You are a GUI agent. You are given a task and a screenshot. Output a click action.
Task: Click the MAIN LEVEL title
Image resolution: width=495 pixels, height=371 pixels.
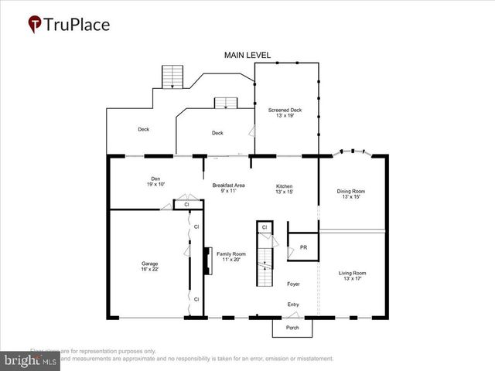pyautogui.click(x=247, y=56)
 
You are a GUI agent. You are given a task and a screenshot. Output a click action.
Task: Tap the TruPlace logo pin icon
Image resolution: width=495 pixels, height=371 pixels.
pyautogui.click(x=36, y=25)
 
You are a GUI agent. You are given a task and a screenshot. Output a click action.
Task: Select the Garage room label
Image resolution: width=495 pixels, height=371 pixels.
pyautogui.click(x=149, y=263)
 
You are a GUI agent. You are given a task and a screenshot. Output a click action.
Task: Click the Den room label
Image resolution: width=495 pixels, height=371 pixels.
pyautogui.click(x=156, y=179)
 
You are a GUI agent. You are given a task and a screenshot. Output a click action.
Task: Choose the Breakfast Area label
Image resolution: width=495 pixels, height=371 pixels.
pyautogui.click(x=229, y=185)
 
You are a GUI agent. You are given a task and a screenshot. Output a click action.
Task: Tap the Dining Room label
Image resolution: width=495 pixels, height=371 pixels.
pyautogui.click(x=351, y=191)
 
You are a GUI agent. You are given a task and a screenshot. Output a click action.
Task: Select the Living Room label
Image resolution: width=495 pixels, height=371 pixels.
pyautogui.click(x=353, y=272)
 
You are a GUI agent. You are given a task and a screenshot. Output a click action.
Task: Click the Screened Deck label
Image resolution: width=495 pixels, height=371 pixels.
pyautogui.click(x=285, y=111)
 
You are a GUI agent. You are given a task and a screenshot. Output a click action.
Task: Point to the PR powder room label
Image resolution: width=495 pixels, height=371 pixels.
pyautogui.click(x=292, y=247)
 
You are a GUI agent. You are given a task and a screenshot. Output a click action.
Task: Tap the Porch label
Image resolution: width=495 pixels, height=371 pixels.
pyautogui.click(x=293, y=328)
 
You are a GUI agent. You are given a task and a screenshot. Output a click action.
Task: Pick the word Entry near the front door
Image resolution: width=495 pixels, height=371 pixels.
pyautogui.click(x=293, y=305)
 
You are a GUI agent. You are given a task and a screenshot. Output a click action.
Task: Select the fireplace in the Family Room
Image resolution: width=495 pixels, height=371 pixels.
pyautogui.click(x=207, y=261)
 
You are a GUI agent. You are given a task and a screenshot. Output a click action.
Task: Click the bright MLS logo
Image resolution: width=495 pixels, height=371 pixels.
pyautogui.click(x=30, y=361)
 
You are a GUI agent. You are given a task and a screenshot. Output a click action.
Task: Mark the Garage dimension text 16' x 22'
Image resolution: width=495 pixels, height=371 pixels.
pyautogui.click(x=149, y=268)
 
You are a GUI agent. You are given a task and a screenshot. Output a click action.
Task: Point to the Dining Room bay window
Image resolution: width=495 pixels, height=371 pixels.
pyautogui.click(x=353, y=155)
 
